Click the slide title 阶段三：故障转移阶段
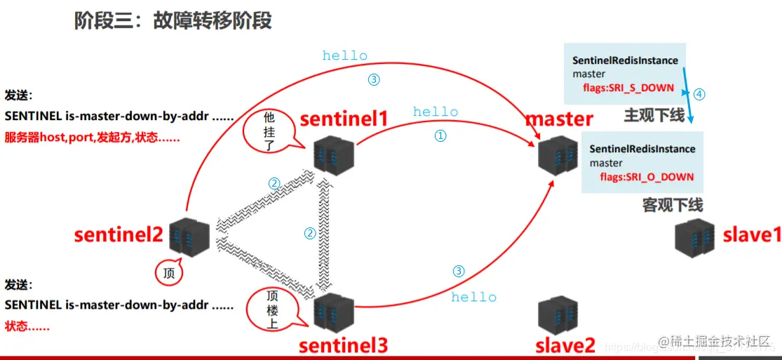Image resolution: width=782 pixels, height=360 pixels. tap(173, 21)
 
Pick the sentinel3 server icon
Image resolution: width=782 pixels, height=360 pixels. tap(332, 313)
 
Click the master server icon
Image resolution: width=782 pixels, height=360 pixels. tap(558, 154)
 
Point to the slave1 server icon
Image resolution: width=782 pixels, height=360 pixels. tap(695, 239)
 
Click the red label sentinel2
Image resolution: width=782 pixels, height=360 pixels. tap(119, 234)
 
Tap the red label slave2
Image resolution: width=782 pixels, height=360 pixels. tap(565, 345)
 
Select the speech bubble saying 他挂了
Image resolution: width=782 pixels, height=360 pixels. tap(269, 129)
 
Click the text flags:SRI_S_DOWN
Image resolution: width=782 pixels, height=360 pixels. tap(628, 88)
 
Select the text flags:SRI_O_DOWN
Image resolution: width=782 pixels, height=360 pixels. tap(646, 177)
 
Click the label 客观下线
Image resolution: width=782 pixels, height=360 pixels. tap(672, 205)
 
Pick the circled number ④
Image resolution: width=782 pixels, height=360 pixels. tap(699, 93)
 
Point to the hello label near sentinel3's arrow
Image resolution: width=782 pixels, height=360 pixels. tap(473, 298)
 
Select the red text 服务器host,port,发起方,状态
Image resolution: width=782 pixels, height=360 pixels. tap(92, 138)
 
